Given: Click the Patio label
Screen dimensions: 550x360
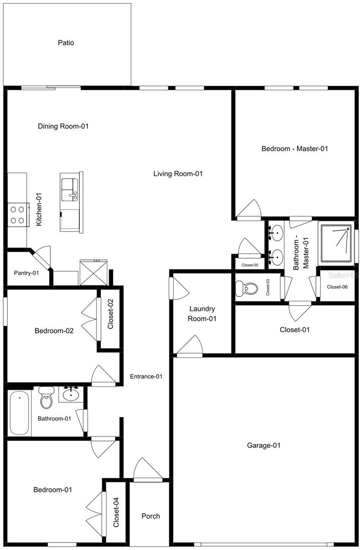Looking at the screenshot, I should click(x=66, y=43).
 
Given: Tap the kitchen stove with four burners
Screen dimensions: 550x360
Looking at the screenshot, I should click(x=17, y=214).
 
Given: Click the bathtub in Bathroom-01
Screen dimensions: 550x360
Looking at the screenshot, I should click(x=20, y=412).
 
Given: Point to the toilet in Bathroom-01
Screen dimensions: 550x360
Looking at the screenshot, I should click(x=46, y=398).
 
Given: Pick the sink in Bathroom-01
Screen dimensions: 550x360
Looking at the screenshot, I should click(x=71, y=394).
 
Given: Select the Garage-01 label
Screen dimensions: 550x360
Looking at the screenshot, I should click(x=264, y=445).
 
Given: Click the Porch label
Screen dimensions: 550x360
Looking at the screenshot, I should click(x=150, y=516).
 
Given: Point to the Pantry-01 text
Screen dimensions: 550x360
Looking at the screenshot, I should click(x=26, y=273).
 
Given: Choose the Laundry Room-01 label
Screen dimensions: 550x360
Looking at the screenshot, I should click(x=202, y=314).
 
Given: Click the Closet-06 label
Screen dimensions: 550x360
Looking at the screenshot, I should click(x=338, y=287).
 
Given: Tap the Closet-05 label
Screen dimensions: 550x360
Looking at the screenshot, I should click(x=249, y=264).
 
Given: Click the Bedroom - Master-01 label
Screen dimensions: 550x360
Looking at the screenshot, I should click(x=295, y=148).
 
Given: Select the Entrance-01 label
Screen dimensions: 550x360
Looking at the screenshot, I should click(x=146, y=377).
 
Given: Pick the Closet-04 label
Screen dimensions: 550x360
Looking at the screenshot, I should click(x=116, y=512).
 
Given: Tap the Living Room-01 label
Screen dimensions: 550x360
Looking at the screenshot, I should click(x=178, y=174).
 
